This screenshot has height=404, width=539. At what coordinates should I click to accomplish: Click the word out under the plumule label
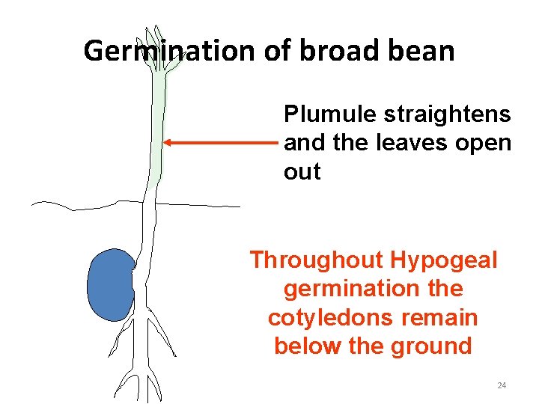pyautogui.click(x=302, y=171)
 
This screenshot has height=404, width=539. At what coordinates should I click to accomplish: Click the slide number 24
pyautogui.click(x=502, y=385)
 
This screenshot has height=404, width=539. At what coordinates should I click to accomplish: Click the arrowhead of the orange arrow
pyautogui.click(x=168, y=142)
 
